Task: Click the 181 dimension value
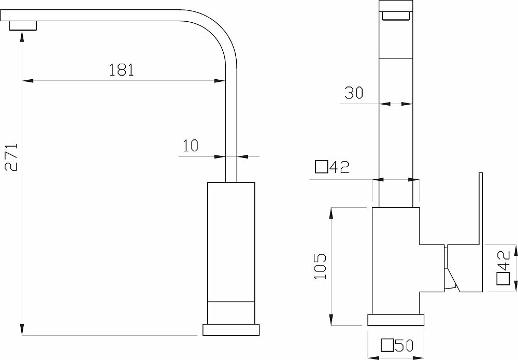pyautogui.click(x=122, y=69)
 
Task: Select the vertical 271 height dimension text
pyautogui.click(x=12, y=157)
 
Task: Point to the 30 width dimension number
pyautogui.click(x=353, y=93)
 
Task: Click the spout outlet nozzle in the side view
pyautogui.click(x=23, y=25)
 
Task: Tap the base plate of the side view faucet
pyautogui.click(x=232, y=344)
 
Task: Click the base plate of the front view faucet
pyautogui.click(x=396, y=335)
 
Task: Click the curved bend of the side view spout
pyautogui.click(x=215, y=32)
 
